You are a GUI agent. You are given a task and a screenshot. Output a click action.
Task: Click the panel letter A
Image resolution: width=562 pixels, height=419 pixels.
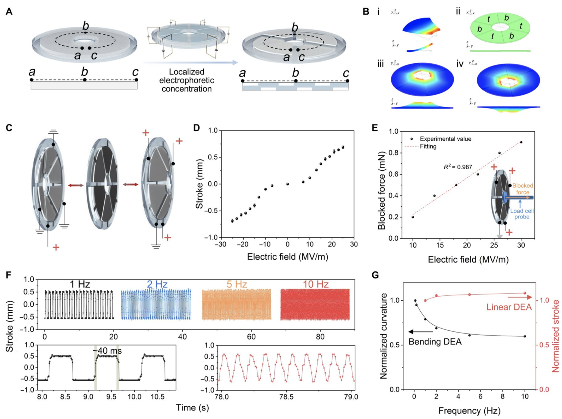9,12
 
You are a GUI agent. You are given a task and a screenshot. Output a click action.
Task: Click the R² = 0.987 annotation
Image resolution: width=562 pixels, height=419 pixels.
458,167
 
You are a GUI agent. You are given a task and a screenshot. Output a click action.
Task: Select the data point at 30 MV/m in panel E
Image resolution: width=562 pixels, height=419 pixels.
521,142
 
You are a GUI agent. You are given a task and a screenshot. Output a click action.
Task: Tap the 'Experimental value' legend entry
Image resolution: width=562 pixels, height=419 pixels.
445,139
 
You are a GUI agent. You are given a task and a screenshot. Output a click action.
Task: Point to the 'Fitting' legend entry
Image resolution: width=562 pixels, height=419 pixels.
428,146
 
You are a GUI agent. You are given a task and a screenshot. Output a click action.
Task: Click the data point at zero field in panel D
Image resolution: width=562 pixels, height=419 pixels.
288,184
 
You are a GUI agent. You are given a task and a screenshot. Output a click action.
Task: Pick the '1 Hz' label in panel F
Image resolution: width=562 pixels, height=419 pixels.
80,284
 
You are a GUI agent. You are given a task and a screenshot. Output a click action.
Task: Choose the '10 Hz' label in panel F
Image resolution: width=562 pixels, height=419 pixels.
316,284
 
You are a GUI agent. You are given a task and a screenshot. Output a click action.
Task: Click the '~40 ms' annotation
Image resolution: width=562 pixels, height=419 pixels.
107,351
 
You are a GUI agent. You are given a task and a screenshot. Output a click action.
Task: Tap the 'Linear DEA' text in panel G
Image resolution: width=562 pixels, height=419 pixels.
509,307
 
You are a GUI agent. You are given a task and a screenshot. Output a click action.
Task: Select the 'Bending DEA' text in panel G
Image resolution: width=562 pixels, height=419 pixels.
435,342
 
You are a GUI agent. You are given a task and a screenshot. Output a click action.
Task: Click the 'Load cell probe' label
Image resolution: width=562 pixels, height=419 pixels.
522,214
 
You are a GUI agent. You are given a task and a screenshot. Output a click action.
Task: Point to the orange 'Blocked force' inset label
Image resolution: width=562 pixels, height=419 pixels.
523,189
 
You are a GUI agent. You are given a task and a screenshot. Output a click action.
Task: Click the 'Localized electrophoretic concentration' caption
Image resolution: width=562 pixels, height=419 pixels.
186,80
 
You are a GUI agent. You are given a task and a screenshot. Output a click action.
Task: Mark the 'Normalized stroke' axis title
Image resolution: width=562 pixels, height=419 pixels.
556,336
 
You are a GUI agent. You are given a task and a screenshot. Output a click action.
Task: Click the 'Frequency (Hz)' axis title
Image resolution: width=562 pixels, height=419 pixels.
469,411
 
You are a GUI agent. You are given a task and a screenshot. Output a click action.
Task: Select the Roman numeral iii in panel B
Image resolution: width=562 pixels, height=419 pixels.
381,64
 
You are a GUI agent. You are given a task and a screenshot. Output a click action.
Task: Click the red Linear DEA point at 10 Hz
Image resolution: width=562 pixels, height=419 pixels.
525,293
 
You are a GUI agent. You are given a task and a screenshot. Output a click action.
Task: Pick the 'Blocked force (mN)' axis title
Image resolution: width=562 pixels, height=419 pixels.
381,190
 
